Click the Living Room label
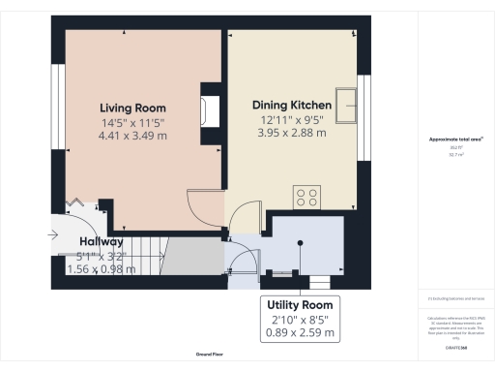pos(133,108)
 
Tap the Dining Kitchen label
pos(292,105)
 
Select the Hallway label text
pos(102,241)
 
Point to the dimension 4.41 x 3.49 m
pos(133,137)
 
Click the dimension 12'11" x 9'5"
pos(292,119)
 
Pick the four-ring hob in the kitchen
pos(308,197)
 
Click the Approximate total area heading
pos(455,139)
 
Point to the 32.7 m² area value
pos(455,154)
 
